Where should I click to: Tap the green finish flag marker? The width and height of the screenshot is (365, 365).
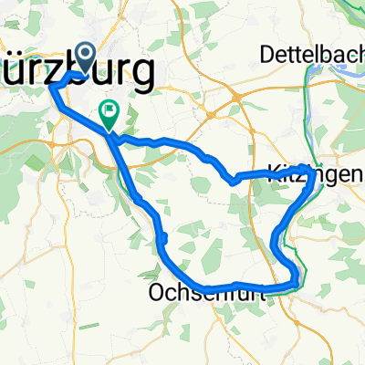[109, 115]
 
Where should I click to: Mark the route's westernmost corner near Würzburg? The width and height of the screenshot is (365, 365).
[50, 85]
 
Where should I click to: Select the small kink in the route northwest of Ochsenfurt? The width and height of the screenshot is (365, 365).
[162, 239]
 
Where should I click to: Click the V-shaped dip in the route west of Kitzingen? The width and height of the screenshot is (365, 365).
[234, 180]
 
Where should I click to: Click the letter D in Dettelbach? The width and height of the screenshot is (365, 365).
[266, 55]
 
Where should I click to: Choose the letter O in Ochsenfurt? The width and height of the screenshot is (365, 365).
[153, 294]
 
